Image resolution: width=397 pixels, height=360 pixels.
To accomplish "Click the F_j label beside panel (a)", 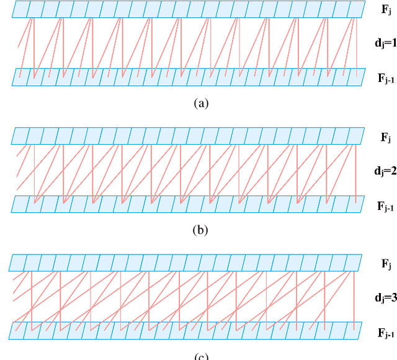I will click(x=386, y=10).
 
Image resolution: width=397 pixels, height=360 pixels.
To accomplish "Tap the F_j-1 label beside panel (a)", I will click(x=386, y=78).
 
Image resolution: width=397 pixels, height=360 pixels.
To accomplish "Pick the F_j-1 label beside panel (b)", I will click(x=386, y=205).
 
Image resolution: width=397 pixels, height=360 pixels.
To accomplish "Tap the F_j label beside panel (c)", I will click(x=386, y=263).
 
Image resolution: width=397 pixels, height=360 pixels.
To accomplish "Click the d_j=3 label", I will click(x=385, y=297).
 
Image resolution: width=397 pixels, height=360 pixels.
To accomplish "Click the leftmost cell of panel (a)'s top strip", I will click(x=20, y=9).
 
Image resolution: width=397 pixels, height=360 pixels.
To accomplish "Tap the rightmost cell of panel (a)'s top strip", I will click(x=357, y=9).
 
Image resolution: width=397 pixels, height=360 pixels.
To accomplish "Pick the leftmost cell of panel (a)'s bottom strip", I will click(x=20, y=77).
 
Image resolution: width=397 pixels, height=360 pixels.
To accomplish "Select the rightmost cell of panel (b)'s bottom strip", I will click(x=357, y=204).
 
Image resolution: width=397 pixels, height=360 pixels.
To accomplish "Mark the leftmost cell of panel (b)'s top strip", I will click(x=20, y=136).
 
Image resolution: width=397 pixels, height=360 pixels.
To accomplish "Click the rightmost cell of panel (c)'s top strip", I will click(x=354, y=263).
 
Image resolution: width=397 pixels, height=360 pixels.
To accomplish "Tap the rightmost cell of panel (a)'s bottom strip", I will click(x=357, y=77).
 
